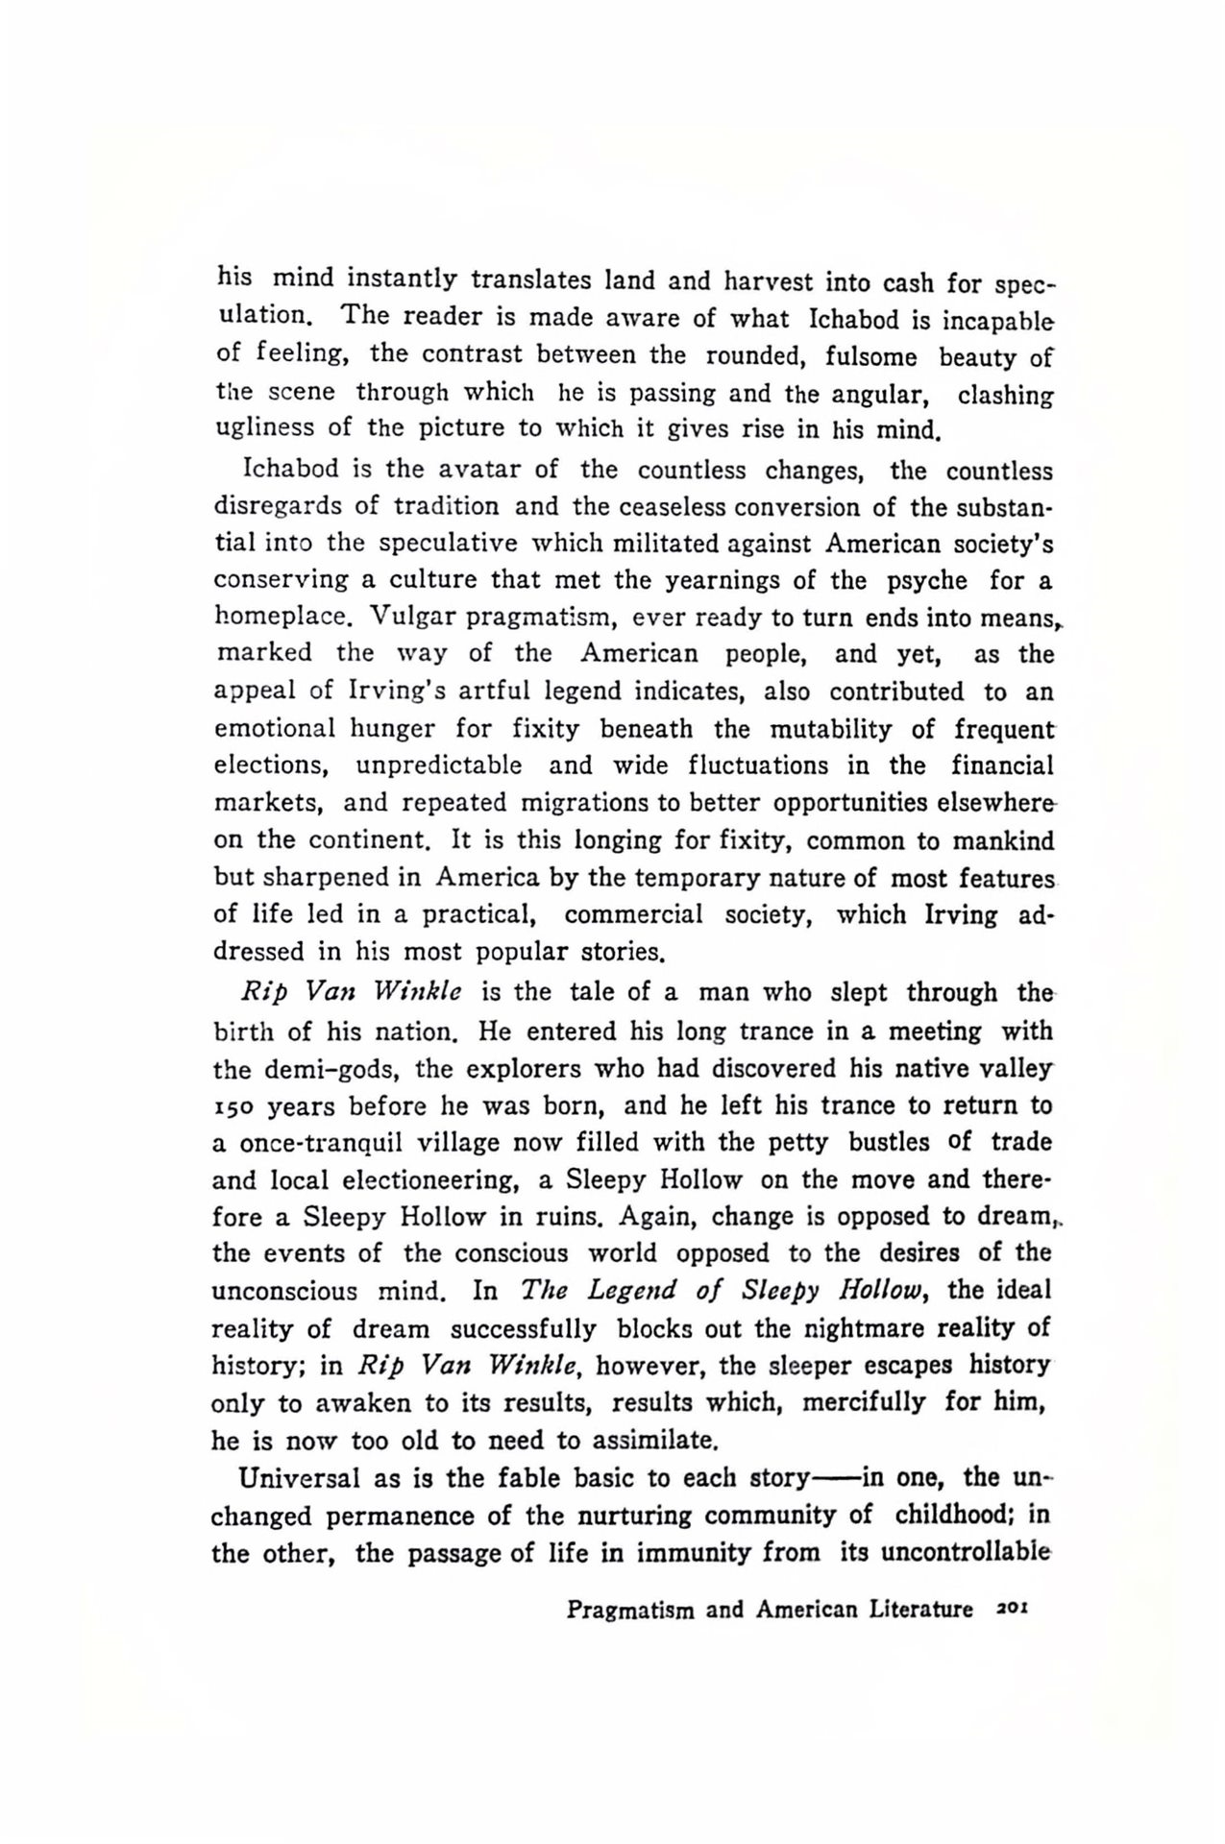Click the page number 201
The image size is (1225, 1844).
click(x=1014, y=1609)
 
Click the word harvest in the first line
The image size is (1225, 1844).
click(x=773, y=282)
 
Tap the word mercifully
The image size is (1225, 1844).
click(x=864, y=1402)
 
